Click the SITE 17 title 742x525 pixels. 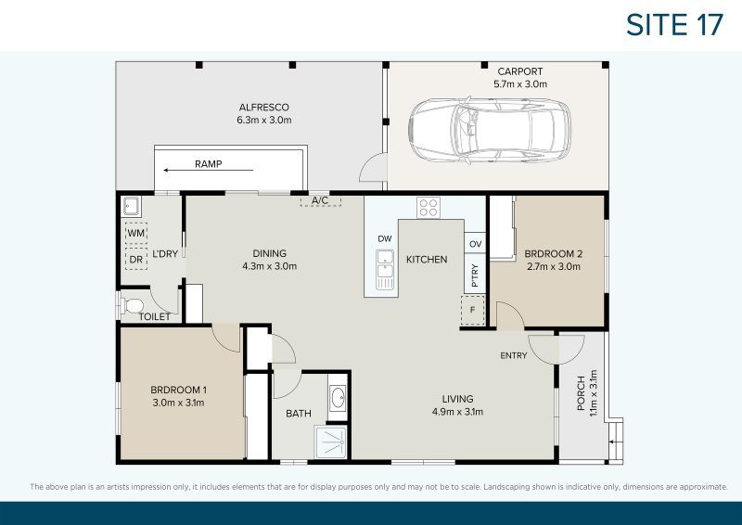(674, 24)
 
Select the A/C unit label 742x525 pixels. (320, 200)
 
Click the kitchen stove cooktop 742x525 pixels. (428, 208)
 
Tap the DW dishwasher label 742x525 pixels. (385, 239)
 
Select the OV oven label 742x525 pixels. (475, 244)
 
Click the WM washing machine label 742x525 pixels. (136, 232)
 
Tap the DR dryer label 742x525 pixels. (136, 260)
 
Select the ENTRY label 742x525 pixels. (513, 356)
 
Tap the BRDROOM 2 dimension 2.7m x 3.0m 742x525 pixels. (552, 266)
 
